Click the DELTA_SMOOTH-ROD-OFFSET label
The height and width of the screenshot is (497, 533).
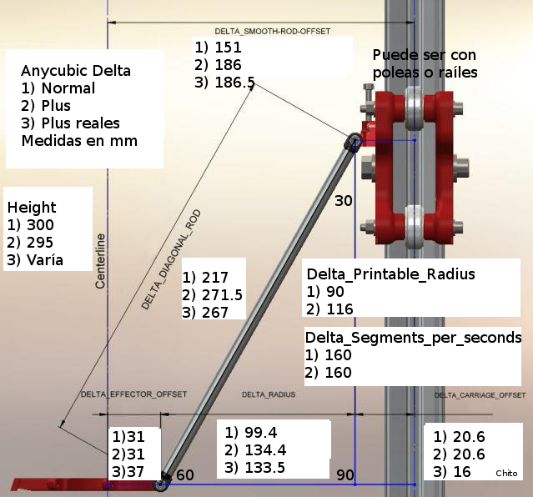coord(272,32)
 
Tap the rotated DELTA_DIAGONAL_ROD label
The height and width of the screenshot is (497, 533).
coord(171,260)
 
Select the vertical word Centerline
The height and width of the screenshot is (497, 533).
coord(100,261)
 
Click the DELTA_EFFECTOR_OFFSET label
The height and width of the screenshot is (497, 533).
coord(133,394)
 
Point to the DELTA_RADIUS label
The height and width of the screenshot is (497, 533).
coord(269,394)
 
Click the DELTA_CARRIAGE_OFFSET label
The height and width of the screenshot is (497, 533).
coord(480,395)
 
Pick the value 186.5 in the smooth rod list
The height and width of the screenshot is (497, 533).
coord(235,83)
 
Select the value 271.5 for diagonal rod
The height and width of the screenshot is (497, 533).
coord(223,294)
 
